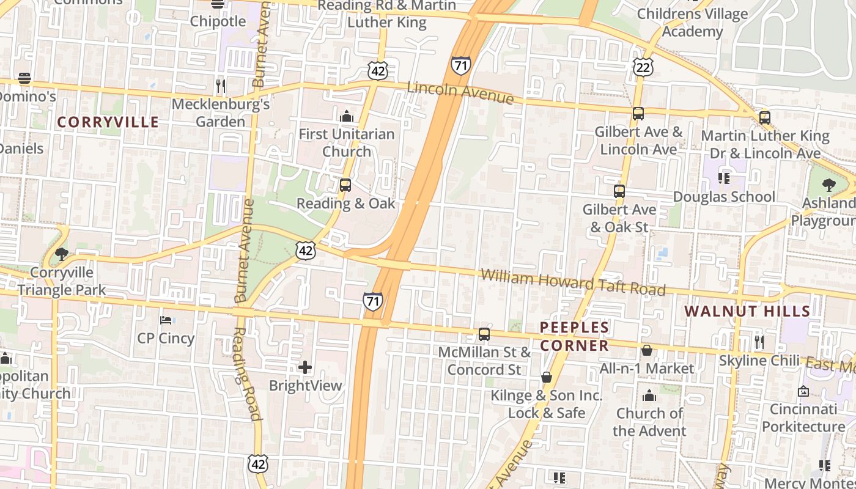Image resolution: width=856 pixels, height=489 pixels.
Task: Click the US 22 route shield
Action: click(643, 68)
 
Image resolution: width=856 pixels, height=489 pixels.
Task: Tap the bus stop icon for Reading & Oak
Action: click(345, 185)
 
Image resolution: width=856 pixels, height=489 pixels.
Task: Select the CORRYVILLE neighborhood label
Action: click(108, 122)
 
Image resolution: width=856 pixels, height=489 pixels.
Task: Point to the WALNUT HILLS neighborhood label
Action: click(747, 311)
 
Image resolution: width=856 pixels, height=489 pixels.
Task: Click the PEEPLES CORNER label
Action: click(574, 336)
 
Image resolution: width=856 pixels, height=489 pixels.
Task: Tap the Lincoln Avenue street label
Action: click(460, 92)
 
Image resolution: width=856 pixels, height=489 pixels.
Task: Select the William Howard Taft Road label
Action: click(572, 282)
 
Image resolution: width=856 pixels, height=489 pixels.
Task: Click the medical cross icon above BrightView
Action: click(304, 367)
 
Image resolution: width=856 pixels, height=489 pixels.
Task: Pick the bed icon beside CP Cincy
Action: click(166, 320)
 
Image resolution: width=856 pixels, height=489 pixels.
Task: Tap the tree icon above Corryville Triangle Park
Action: click(61, 254)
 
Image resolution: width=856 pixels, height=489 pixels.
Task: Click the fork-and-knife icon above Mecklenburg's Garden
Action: click(221, 86)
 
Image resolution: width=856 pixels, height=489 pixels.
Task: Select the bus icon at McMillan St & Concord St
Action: click(484, 334)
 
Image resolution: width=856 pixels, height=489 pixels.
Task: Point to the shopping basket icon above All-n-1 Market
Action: click(647, 350)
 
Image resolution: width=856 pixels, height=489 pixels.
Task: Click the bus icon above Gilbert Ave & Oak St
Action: click(619, 191)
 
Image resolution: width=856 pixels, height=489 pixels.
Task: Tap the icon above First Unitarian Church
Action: click(347, 116)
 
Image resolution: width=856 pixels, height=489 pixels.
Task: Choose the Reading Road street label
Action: click(247, 373)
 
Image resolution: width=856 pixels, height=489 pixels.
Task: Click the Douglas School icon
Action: click(724, 178)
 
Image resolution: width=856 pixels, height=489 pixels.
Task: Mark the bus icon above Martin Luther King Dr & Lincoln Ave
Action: click(764, 118)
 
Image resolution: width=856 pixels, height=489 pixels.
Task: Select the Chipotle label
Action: click(218, 21)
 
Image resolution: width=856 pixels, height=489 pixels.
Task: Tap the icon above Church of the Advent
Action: click(649, 395)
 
